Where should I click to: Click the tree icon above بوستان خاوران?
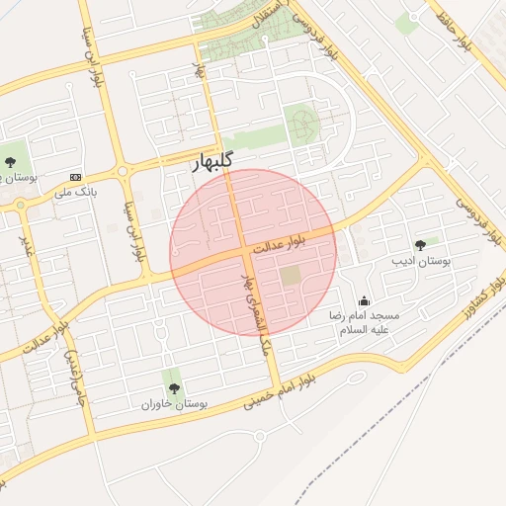tap(174, 388)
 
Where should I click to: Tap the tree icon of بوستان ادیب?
tap(421, 244)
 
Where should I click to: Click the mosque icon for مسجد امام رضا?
tap(365, 300)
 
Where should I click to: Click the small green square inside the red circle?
tap(290, 277)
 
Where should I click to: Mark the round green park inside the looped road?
tap(300, 125)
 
